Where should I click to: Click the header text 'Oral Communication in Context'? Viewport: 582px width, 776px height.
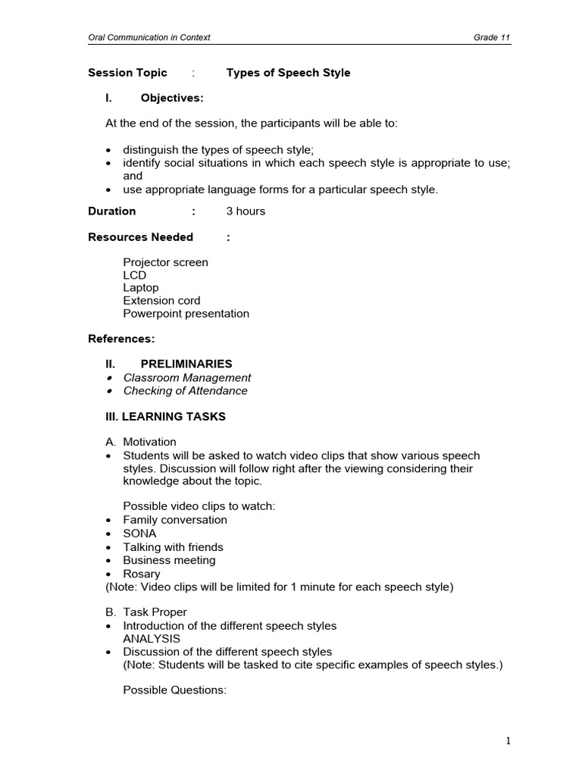149,37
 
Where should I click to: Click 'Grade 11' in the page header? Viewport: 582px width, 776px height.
492,37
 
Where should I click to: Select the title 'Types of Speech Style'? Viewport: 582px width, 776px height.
288,73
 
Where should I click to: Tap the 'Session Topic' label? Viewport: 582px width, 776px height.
127,73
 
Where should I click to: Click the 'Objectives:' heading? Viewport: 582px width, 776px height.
172,98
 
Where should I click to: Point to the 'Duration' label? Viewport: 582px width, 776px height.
112,211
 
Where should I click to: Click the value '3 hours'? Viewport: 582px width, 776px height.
246,211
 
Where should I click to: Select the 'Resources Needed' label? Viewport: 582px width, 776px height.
140,236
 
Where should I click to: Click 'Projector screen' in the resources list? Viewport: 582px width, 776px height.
165,262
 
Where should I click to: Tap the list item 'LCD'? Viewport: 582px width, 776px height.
134,275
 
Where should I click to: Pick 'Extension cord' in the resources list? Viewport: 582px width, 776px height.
161,300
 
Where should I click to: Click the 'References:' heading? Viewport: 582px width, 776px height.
121,339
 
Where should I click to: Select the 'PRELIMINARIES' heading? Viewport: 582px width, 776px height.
186,364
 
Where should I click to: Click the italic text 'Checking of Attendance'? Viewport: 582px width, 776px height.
185,390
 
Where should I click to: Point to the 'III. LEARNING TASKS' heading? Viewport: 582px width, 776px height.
165,416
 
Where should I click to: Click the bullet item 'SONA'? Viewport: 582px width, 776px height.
139,533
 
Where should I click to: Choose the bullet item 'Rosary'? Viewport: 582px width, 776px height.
142,574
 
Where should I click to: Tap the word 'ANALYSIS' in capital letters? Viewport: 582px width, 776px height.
152,639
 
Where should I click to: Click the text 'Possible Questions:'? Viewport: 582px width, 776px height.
174,690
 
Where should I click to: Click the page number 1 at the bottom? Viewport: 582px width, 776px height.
508,741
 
